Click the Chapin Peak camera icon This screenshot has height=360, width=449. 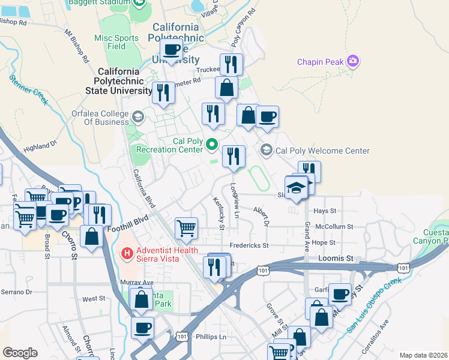354,62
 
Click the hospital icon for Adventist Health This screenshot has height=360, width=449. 127,254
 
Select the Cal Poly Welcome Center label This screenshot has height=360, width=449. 323,151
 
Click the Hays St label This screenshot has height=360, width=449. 325,211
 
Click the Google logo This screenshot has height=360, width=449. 20,352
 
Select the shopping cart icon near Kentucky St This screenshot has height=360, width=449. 187,228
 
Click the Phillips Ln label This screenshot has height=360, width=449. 211,337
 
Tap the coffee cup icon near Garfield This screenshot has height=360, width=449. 340,295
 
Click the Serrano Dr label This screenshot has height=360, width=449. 16,292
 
